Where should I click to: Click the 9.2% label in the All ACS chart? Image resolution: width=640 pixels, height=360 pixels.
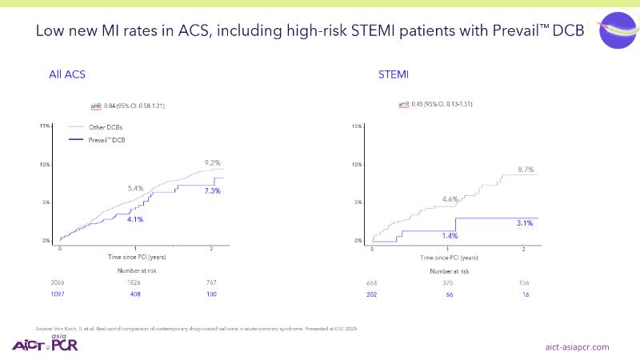202,163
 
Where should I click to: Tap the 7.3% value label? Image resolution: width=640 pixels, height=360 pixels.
212,190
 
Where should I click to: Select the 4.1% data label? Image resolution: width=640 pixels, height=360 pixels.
135,218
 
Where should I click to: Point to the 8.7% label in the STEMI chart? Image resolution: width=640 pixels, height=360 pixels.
526,170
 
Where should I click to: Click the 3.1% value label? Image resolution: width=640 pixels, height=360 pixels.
525,223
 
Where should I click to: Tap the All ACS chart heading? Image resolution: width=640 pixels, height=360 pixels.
67,74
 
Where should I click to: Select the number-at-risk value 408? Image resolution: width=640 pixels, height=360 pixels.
136,294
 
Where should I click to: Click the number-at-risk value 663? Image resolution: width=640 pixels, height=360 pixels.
372,282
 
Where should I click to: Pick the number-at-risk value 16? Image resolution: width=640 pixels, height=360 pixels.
524,294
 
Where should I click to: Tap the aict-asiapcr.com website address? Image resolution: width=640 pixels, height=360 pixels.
577,346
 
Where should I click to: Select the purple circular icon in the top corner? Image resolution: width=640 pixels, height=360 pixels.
617,30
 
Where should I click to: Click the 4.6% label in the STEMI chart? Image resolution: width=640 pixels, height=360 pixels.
450,198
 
